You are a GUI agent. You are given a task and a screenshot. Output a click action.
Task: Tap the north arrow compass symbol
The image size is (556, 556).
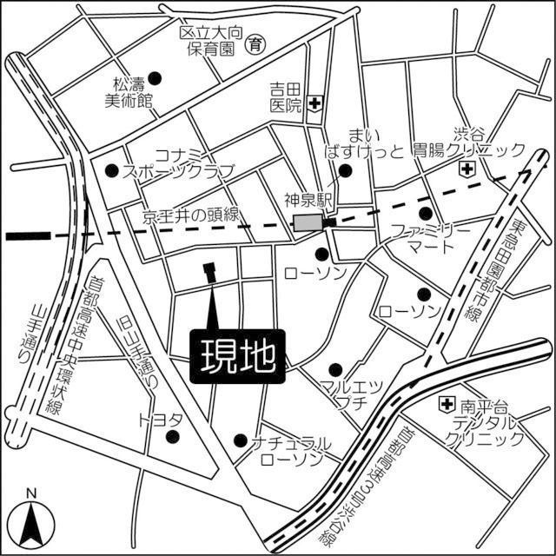coord(32,519)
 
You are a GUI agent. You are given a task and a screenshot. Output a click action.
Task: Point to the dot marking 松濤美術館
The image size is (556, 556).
coord(156,76)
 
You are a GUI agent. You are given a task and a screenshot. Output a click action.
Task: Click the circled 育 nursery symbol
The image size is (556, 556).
coord(255,43)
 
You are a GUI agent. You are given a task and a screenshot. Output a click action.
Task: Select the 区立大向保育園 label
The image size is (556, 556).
coord(208,42)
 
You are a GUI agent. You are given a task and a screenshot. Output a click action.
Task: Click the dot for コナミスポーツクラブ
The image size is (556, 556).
coord(112,170)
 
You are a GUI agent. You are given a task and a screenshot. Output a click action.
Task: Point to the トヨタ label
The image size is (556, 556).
coord(160,420)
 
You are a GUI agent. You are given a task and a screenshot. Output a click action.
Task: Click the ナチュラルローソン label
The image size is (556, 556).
coord(289,450)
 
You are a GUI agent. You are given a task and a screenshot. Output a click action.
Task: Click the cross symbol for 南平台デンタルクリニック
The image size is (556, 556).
coord(446,404)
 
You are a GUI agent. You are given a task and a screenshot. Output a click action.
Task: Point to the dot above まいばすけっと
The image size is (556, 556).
coord(346,171)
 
